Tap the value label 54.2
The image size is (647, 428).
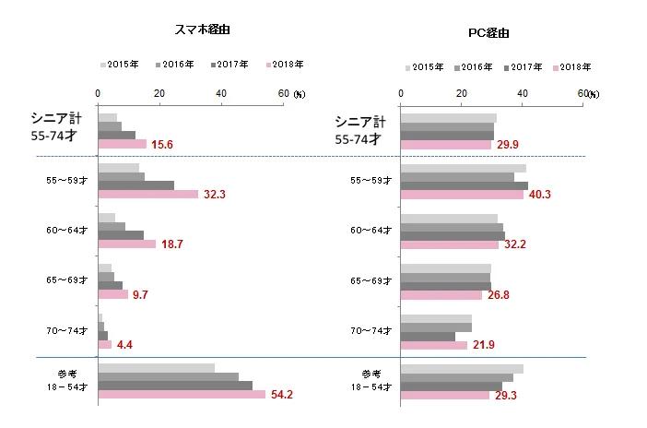[x=281, y=395]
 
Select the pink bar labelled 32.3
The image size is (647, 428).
[x=147, y=195]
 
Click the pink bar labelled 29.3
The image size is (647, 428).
[x=444, y=395]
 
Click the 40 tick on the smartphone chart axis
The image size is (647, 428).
[x=220, y=93]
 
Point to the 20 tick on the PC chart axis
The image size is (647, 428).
[x=461, y=93]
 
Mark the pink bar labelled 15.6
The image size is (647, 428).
[x=122, y=144]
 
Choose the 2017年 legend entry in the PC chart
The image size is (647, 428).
[x=527, y=67]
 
